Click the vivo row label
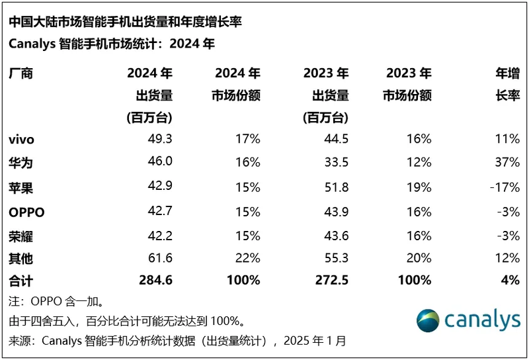[x=21, y=140]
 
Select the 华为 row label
[x=21, y=163]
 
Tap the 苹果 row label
[x=21, y=187]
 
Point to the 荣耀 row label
[x=21, y=236]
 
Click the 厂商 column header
[x=21, y=73]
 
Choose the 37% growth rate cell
[x=507, y=163]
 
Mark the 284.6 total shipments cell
[x=155, y=280]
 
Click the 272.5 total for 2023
[x=331, y=280]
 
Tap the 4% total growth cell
[x=510, y=280]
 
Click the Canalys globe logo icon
[x=428, y=321]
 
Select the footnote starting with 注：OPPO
[x=56, y=302]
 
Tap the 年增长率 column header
[x=507, y=85]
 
